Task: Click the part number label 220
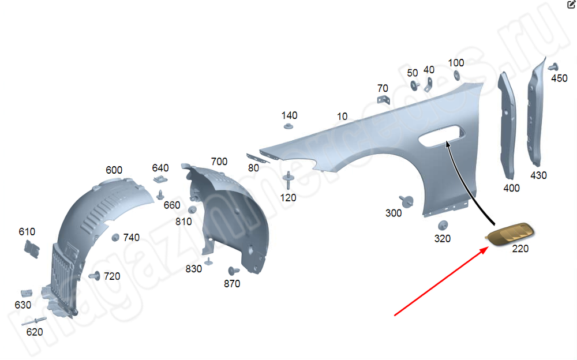point(520,249)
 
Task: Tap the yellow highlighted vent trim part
point(509,234)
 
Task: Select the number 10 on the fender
point(342,117)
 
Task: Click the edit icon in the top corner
point(571,4)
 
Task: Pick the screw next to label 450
point(553,67)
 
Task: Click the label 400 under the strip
point(511,188)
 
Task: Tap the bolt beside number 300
point(406,201)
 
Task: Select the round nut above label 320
point(443,225)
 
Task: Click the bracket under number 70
point(384,99)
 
